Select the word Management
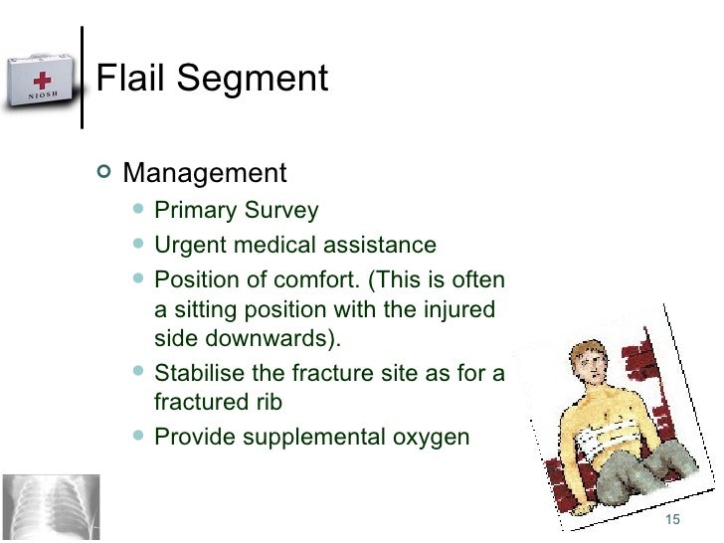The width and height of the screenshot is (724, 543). [x=204, y=173]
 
